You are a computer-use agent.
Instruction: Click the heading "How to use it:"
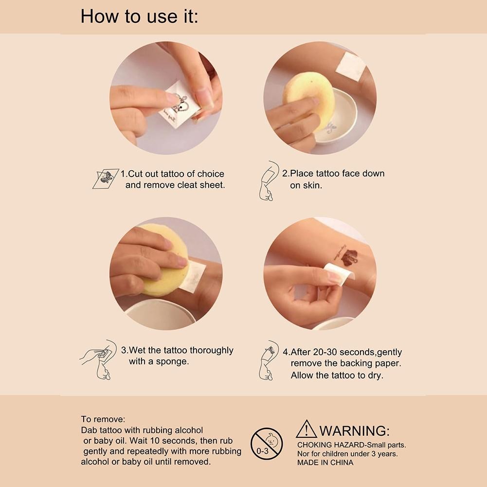click(139, 16)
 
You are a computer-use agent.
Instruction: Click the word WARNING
click(354, 431)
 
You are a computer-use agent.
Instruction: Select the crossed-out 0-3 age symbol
click(267, 444)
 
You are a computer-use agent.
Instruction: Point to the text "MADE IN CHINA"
click(325, 463)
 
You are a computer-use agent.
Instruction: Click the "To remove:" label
click(103, 419)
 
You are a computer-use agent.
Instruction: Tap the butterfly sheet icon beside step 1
click(106, 179)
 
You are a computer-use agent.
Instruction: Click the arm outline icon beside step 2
click(268, 181)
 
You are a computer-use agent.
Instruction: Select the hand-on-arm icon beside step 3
click(98, 360)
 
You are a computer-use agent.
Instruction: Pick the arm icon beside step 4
click(268, 361)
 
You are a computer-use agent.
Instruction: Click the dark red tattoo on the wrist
click(349, 257)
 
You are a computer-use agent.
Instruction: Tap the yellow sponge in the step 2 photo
click(309, 100)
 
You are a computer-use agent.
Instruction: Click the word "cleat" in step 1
click(187, 185)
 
